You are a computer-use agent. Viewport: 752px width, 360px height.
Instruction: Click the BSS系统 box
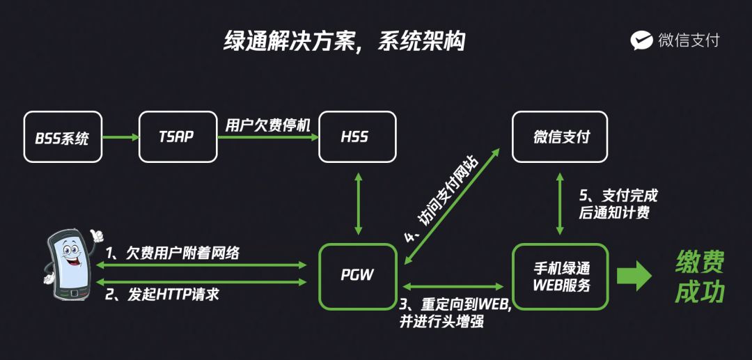click(x=62, y=136)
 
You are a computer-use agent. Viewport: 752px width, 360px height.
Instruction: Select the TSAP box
click(x=178, y=136)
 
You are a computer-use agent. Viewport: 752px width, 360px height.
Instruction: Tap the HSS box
click(x=357, y=136)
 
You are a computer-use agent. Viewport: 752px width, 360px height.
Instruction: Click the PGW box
click(x=358, y=275)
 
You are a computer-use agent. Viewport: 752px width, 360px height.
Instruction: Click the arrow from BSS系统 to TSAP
click(x=120, y=137)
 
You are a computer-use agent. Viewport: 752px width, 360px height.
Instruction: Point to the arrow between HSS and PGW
click(x=358, y=203)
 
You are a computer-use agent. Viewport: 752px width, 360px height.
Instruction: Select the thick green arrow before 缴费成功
click(x=634, y=276)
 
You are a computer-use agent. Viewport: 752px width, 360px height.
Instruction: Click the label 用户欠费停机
click(x=267, y=125)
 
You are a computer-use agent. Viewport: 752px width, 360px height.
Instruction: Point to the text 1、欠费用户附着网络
click(x=172, y=253)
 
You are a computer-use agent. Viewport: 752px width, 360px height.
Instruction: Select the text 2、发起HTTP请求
click(x=162, y=294)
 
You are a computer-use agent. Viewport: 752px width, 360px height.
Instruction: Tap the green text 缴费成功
click(x=700, y=276)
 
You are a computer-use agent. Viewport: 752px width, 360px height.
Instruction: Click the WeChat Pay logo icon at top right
click(x=641, y=40)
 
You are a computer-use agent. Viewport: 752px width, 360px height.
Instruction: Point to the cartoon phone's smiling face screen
click(x=70, y=257)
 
